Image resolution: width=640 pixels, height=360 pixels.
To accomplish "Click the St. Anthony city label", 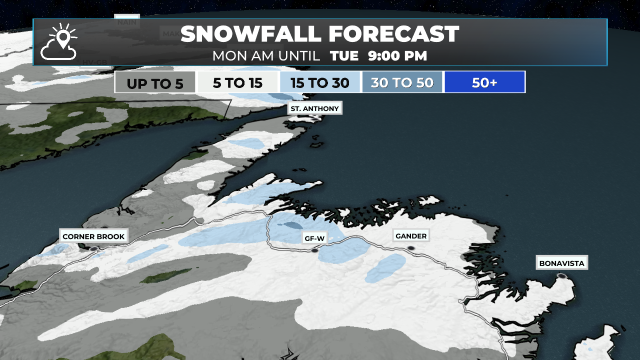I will [x=315, y=108].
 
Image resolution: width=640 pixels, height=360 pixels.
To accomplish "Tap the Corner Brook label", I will [x=93, y=236].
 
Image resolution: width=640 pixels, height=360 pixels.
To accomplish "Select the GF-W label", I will [x=314, y=238].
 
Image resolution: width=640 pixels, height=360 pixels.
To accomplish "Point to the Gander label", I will [x=411, y=236].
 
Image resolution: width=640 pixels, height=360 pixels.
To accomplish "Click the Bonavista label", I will [x=562, y=263].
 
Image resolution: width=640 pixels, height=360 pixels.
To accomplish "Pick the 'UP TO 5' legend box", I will [x=155, y=82].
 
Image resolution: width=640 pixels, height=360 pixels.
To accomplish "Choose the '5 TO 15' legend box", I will [x=238, y=82].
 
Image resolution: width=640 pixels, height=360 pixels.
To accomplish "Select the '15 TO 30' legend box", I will [x=320, y=82].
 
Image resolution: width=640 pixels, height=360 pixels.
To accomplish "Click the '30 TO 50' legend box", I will [x=402, y=82].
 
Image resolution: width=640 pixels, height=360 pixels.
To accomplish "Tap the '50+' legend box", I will [x=485, y=82].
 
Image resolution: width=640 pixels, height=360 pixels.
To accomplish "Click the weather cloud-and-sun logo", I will [x=59, y=42].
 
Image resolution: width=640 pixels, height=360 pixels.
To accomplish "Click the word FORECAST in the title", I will [x=394, y=34].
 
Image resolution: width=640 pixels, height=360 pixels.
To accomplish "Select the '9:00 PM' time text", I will [x=397, y=56].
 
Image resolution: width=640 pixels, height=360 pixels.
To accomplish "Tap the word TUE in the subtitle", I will [x=344, y=56].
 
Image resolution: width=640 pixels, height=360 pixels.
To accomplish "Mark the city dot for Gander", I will [x=411, y=248].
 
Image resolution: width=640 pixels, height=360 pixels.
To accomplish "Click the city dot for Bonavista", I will [x=562, y=276].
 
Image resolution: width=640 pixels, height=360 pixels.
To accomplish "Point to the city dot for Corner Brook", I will [x=94, y=249].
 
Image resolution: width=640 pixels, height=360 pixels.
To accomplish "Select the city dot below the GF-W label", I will [x=315, y=250].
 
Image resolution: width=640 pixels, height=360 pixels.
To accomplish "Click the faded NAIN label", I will [x=127, y=22].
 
